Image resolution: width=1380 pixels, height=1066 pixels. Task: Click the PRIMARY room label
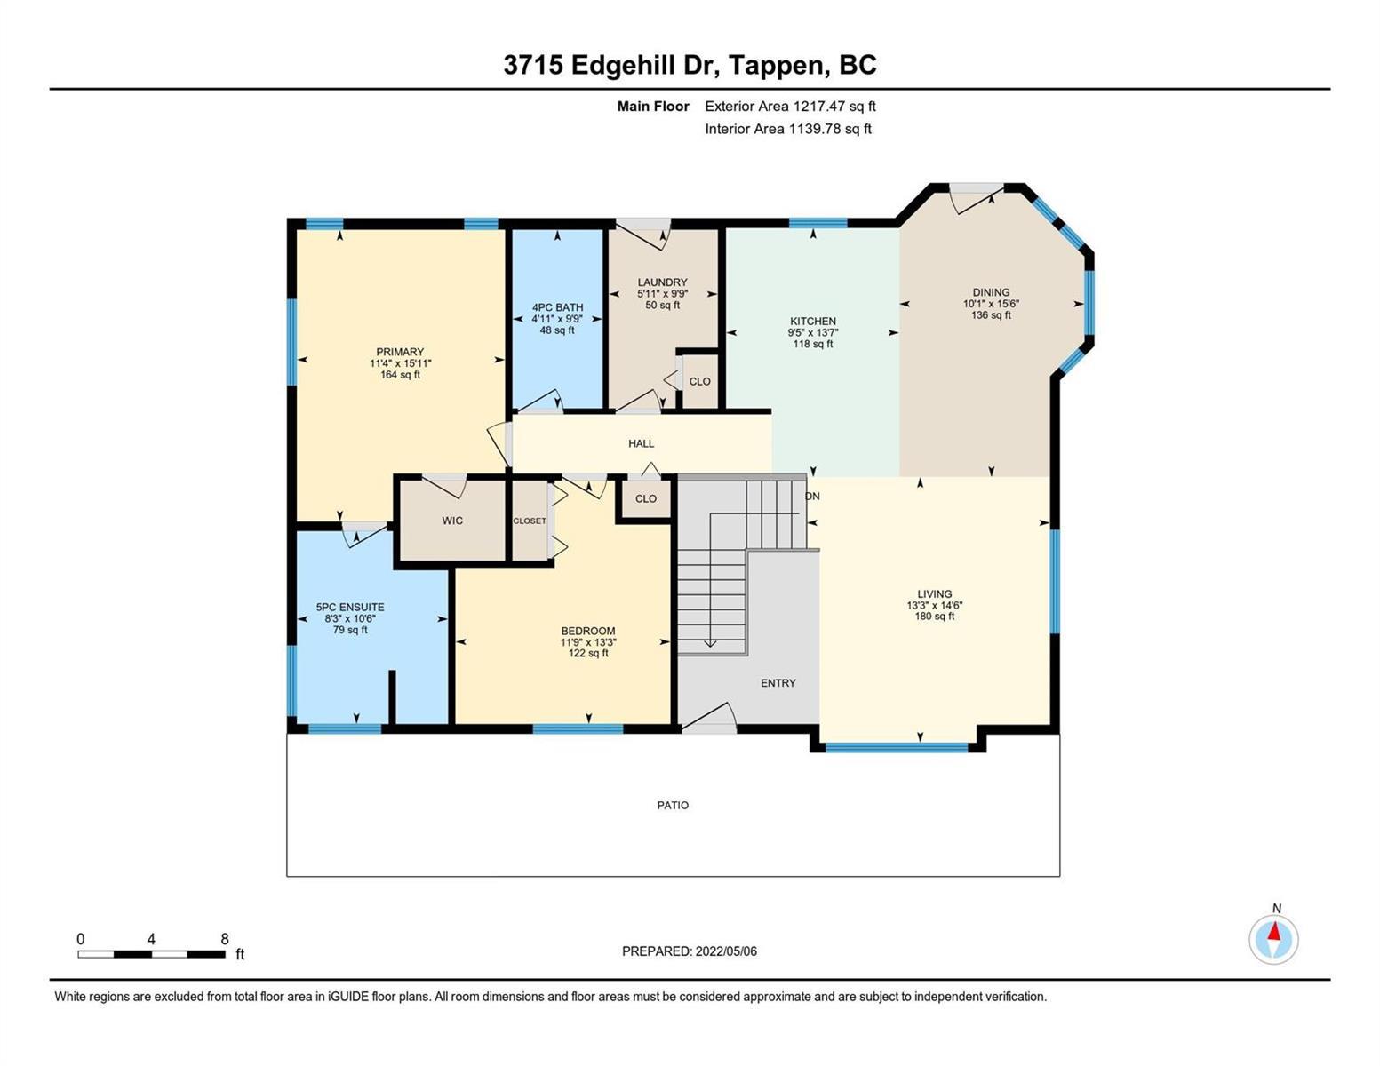[x=400, y=352]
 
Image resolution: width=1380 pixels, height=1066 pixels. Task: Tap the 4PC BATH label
[x=557, y=307]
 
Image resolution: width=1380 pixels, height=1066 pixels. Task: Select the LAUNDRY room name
[x=662, y=282]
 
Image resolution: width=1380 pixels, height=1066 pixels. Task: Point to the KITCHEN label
[x=813, y=322]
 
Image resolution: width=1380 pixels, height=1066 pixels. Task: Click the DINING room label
[x=991, y=292]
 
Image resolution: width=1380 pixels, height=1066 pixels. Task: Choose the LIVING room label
[x=934, y=593]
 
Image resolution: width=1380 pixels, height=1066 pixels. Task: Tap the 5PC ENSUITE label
[x=350, y=607]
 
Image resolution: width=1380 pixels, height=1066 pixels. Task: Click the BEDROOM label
[x=588, y=631]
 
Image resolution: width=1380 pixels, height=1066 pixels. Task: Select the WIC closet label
[x=452, y=521]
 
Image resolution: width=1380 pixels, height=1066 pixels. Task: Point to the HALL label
[x=641, y=444]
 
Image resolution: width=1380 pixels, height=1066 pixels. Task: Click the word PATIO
[x=673, y=805]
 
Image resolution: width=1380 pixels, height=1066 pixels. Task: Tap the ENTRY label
[x=778, y=683]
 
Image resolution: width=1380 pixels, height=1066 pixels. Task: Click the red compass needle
[x=1274, y=931]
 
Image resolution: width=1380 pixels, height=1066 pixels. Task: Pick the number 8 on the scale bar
[x=224, y=938]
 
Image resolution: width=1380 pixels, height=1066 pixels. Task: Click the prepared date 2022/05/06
[x=726, y=951]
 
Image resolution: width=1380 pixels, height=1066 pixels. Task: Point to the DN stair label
[x=812, y=496]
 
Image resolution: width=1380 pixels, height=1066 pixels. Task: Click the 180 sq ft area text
[x=934, y=616]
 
